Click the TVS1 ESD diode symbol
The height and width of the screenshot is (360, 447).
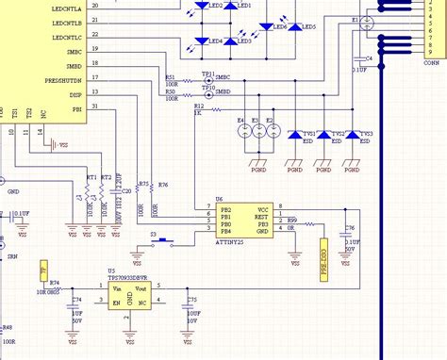coord(297,137)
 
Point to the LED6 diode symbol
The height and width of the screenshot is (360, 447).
coord(266,26)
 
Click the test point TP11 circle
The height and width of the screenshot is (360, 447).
coord(207,80)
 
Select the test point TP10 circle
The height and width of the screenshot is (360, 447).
coord(207,92)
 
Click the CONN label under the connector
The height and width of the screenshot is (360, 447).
coord(431,63)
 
